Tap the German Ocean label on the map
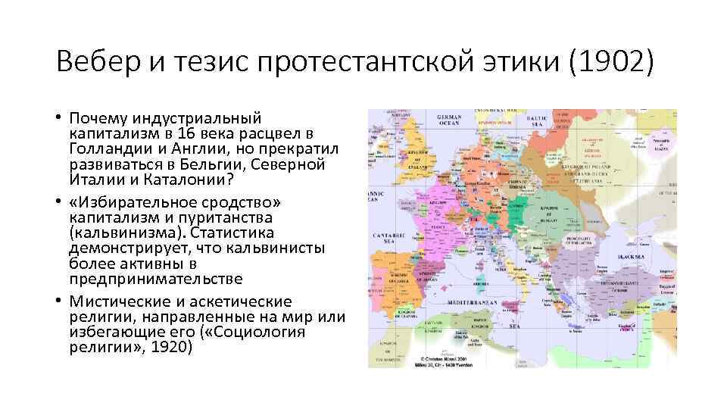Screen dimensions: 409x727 [x=449, y=120]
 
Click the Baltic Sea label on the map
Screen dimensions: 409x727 [x=536, y=120]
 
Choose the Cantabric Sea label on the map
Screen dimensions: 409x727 [x=387, y=239]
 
